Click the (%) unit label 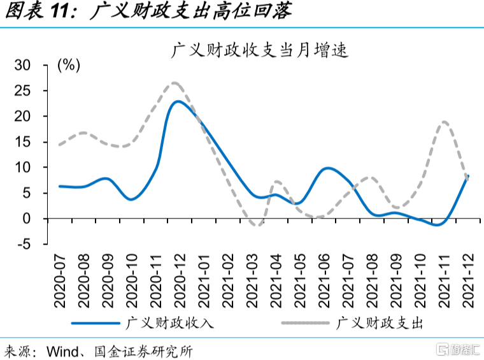pyautogui.click(x=68, y=65)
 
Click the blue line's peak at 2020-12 pyautogui.click(x=179, y=101)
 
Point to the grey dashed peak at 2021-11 pyautogui.click(x=444, y=122)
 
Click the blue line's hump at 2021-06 pyautogui.click(x=327, y=168)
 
